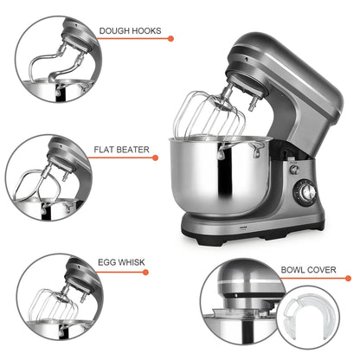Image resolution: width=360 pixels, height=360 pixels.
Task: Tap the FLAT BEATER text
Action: coord(122,150)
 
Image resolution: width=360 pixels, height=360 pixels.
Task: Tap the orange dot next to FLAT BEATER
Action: coord(157,158)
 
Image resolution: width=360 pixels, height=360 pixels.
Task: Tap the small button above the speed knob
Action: coord(294,169)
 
